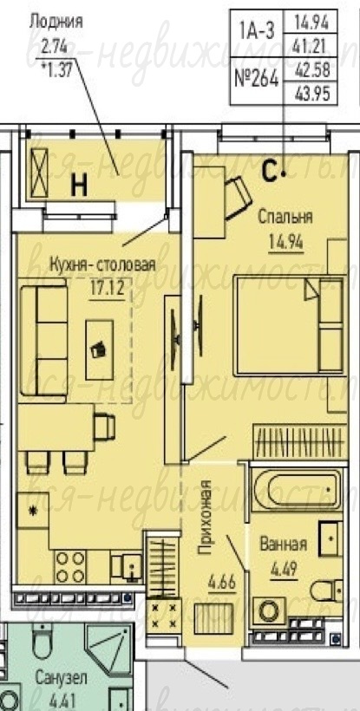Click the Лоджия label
pos(56,21)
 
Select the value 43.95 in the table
pos(311,95)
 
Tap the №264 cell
pos(256,80)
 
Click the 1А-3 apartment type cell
pos(256,33)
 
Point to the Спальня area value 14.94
pos(285,242)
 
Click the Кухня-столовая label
pos(102,264)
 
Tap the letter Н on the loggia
pos(79,186)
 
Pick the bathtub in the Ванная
pos(297,490)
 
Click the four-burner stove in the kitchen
pos(70,566)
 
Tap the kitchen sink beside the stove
pos(127,567)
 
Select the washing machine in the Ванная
pos(269,612)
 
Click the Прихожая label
pos(206,518)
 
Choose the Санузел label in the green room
pos(62,679)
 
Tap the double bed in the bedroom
pos(289,325)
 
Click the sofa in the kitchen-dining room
pos(43,341)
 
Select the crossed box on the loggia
pos(39,173)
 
